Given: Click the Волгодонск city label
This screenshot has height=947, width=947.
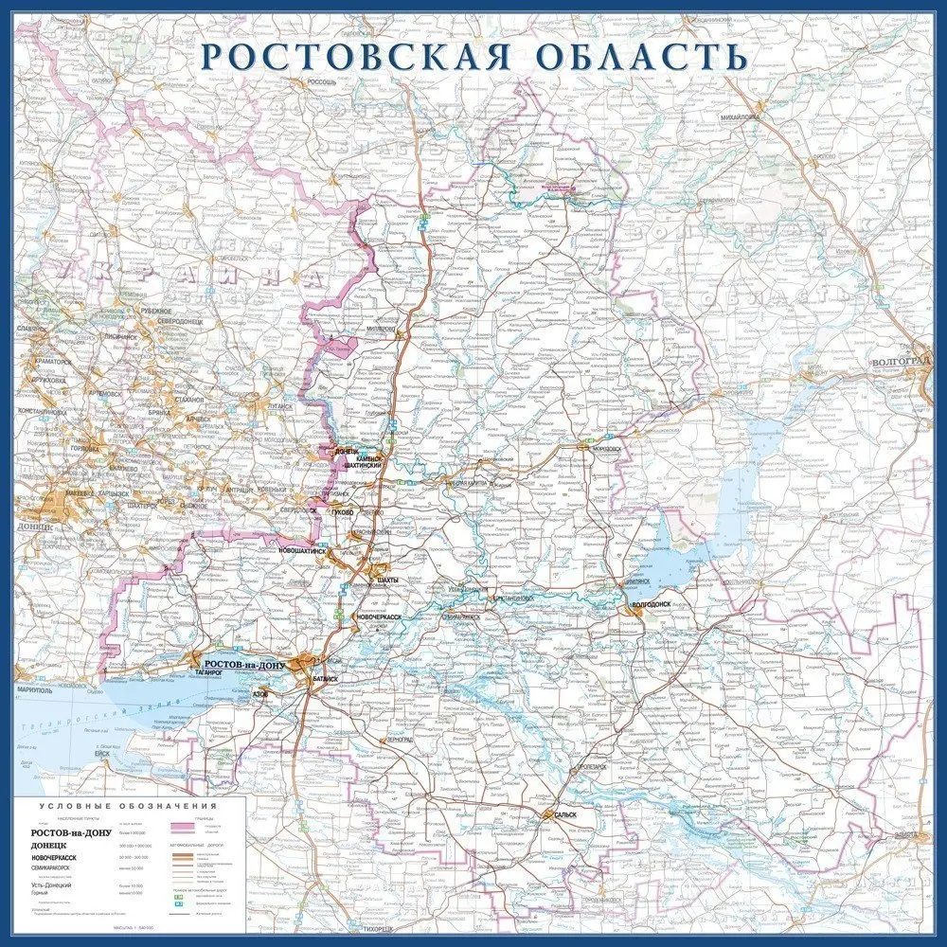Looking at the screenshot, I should click(652, 601).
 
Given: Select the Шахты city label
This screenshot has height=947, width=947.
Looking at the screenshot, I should click(387, 579).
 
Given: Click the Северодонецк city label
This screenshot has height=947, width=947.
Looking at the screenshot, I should click(181, 319).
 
